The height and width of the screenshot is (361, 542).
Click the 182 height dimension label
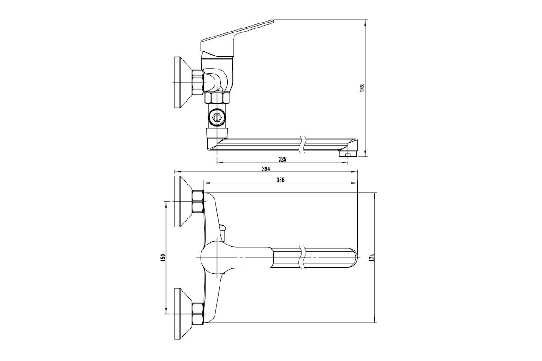point(362,88)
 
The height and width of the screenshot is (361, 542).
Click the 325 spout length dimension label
point(282,159)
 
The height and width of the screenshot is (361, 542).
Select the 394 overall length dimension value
point(266,169)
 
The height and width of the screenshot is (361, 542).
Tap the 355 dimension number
point(280,180)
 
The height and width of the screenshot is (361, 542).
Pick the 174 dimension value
point(372,257)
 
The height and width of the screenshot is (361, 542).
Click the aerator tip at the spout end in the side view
point(347,153)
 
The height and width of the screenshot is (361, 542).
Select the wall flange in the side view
point(182,83)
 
